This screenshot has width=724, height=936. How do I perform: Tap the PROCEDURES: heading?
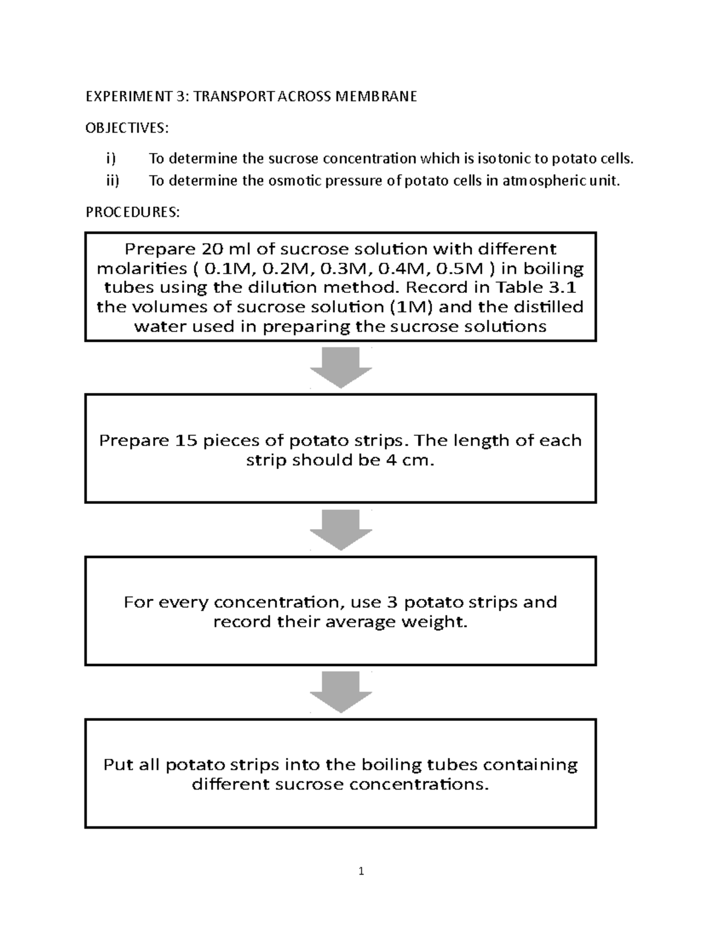point(132,212)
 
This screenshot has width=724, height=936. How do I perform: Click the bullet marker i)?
point(110,159)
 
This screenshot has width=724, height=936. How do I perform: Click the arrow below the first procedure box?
point(341,368)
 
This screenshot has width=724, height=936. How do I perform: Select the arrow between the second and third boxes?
point(341,530)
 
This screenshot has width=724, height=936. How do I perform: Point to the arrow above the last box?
point(341,692)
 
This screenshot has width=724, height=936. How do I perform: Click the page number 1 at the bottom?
point(361,871)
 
